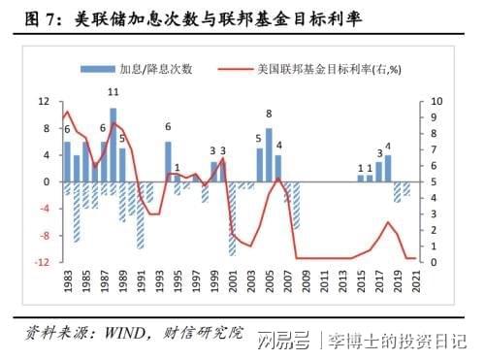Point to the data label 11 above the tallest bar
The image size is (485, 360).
click(113, 92)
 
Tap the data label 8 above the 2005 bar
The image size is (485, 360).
click(269, 115)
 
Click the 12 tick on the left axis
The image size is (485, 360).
click(44, 101)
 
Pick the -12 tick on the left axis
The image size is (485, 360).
click(42, 262)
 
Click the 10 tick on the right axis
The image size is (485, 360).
click(436, 101)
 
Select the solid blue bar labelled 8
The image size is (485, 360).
click(269, 154)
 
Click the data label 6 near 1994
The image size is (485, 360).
click(168, 127)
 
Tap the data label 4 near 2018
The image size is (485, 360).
click(388, 147)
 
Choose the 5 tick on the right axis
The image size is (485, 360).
click(434, 181)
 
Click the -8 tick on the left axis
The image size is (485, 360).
click(44, 236)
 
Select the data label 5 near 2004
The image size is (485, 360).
click(259, 138)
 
